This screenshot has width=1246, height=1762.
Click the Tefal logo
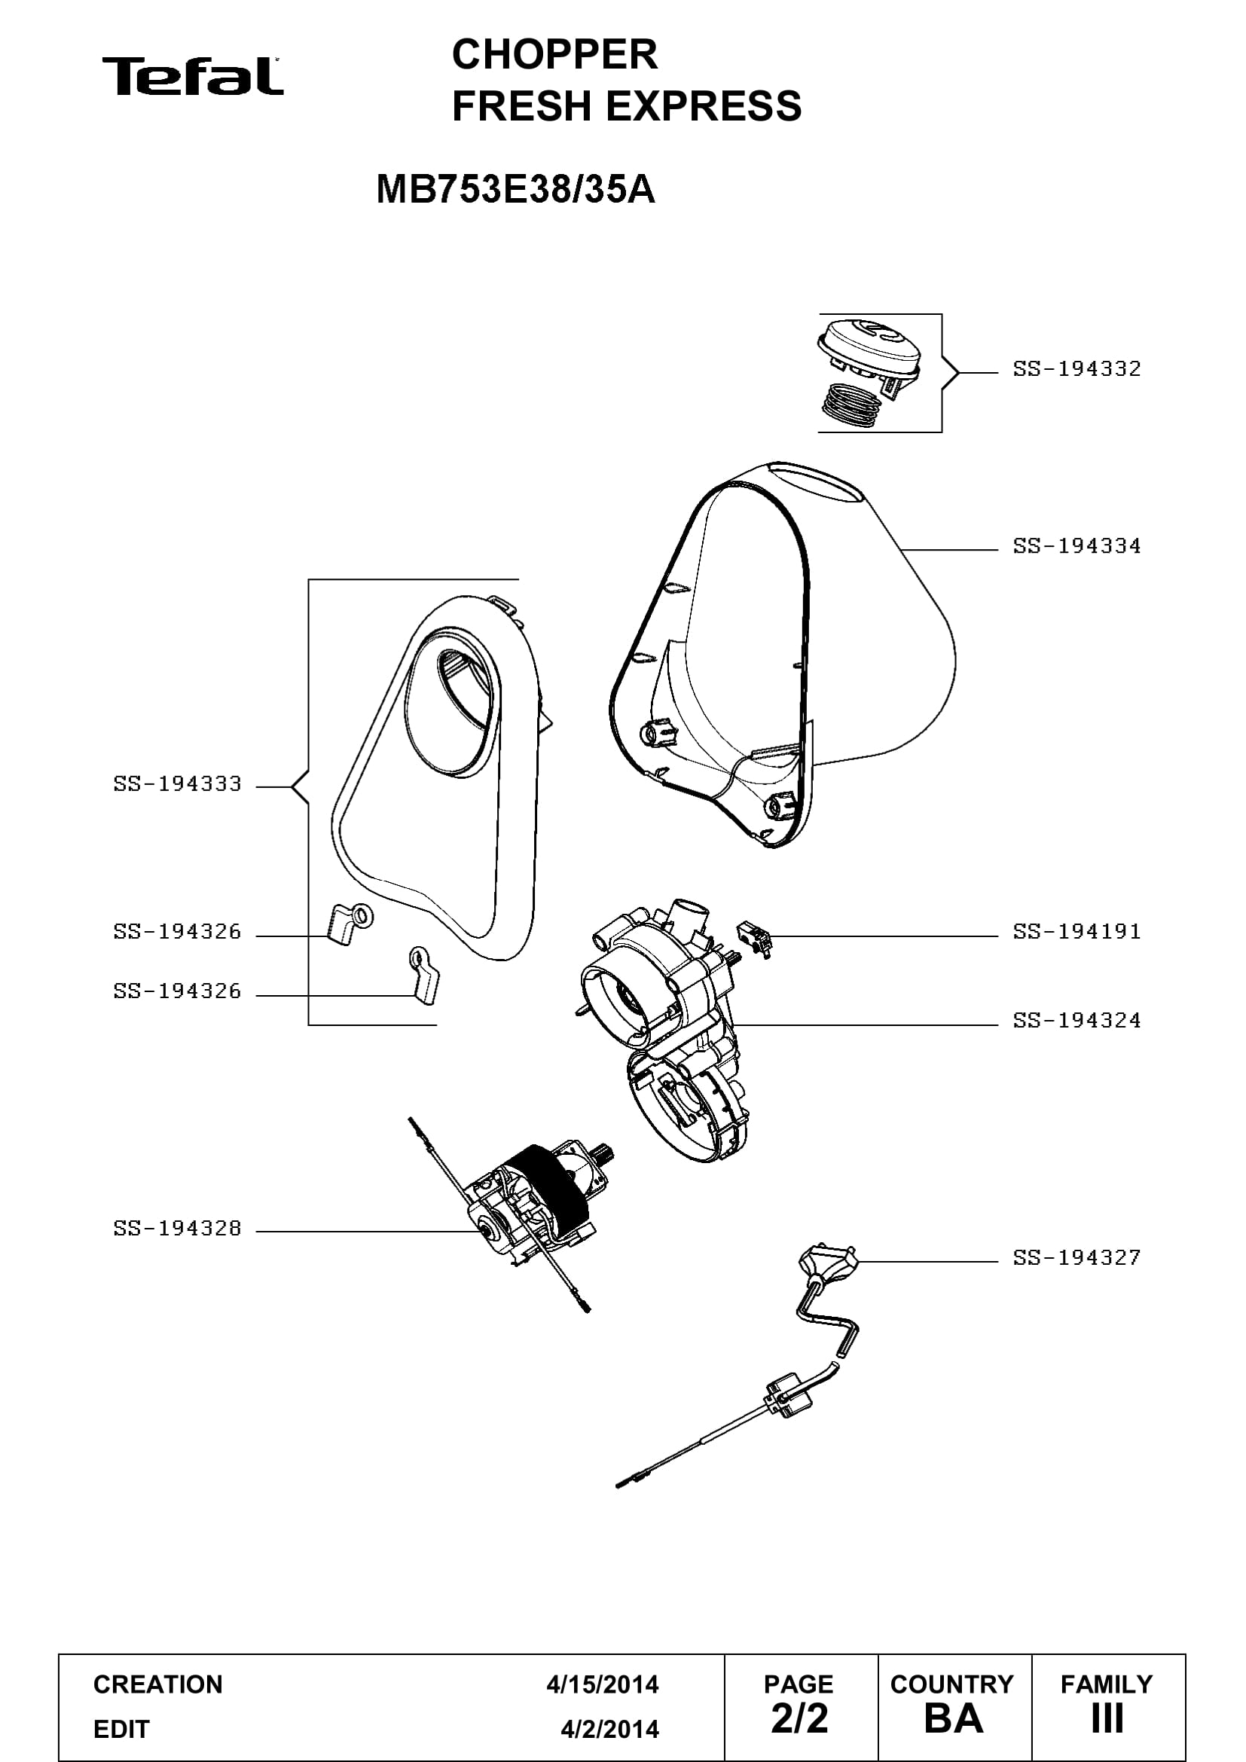[x=193, y=76]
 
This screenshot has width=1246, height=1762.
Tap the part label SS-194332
[x=1077, y=369]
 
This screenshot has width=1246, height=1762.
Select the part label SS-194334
[x=1077, y=546]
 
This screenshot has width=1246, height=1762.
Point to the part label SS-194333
[x=177, y=784]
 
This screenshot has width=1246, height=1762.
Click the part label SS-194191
[x=1077, y=932]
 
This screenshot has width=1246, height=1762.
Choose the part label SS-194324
[x=1077, y=1021]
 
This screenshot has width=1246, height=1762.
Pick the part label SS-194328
[x=177, y=1229]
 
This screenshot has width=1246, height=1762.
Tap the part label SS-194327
[x=1077, y=1258]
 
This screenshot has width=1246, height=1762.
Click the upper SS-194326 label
[x=177, y=932]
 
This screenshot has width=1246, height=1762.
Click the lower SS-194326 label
[x=177, y=991]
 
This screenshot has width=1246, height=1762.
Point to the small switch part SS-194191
[x=755, y=939]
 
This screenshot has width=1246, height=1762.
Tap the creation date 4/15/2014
[x=603, y=1684]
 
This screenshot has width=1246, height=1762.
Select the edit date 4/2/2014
[x=609, y=1729]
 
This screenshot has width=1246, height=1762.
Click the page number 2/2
[x=799, y=1718]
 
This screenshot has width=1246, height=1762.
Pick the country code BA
[x=954, y=1718]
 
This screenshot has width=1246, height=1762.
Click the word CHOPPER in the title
[x=554, y=54]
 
